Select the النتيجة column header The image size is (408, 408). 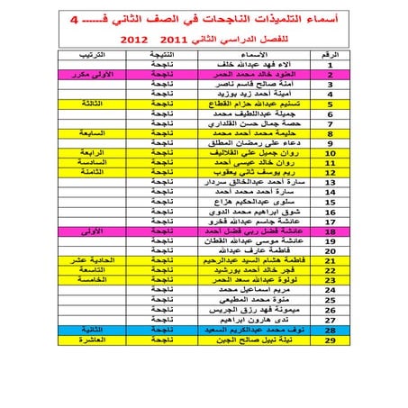[163, 55]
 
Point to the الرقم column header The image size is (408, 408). [331, 55]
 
